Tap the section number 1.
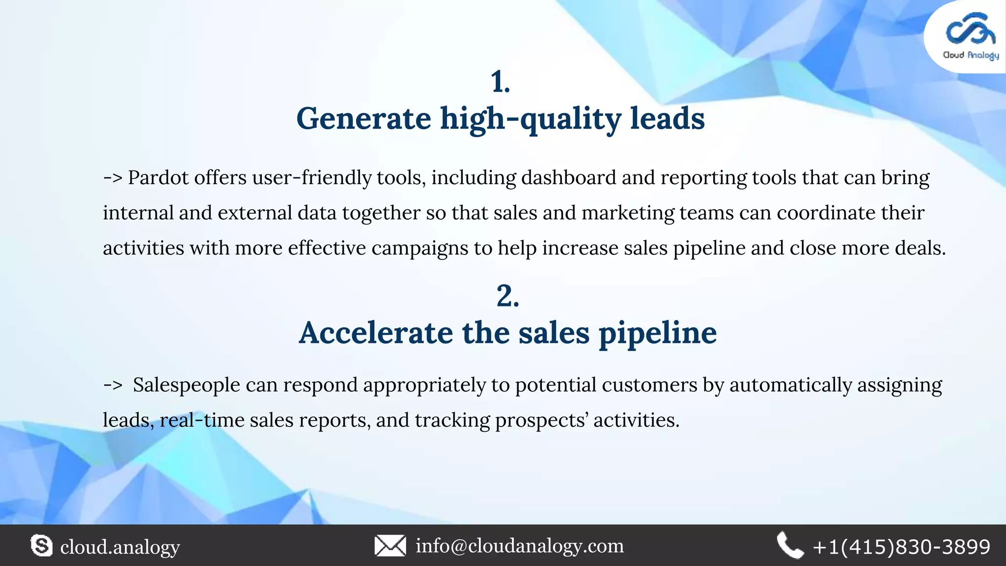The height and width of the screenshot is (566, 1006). click(x=500, y=82)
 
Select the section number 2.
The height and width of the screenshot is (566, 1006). click(x=507, y=296)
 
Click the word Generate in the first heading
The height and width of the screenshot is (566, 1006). click(x=363, y=119)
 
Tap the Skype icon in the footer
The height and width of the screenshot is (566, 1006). click(x=41, y=546)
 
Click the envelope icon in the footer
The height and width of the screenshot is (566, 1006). click(x=390, y=546)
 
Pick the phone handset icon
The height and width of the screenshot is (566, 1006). click(x=789, y=546)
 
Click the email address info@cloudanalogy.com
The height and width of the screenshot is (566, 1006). click(x=520, y=546)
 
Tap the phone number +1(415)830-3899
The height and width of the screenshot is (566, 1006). click(x=901, y=547)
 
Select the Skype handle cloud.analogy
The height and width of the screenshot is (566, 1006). click(x=120, y=547)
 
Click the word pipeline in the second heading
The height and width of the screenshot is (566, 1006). click(x=657, y=333)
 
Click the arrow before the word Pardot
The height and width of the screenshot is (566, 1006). click(x=112, y=177)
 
